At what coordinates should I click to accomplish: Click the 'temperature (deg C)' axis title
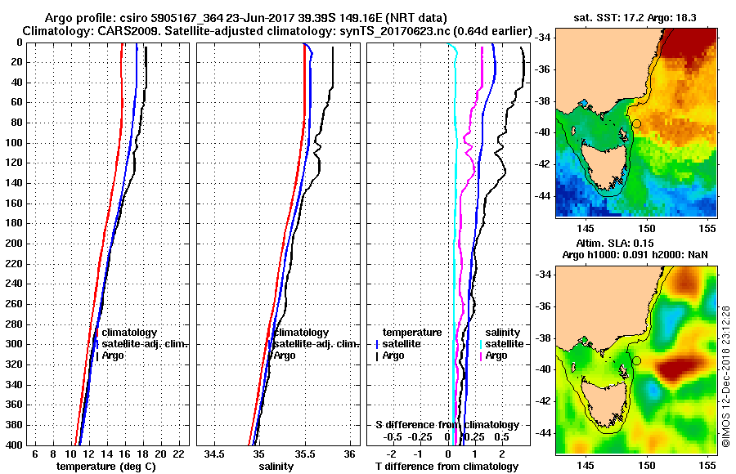[105, 466]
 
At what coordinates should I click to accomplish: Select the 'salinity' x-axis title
[277, 466]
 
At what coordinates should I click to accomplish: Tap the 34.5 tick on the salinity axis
[215, 454]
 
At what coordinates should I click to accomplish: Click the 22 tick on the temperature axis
[178, 454]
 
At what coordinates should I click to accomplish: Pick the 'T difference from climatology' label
[447, 466]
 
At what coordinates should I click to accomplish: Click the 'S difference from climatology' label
[447, 425]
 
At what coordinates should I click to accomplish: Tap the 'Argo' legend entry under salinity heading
[496, 355]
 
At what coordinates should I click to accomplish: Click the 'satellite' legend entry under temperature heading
[404, 344]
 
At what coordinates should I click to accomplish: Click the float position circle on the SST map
[636, 123]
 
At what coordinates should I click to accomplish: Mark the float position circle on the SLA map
[636, 360]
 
